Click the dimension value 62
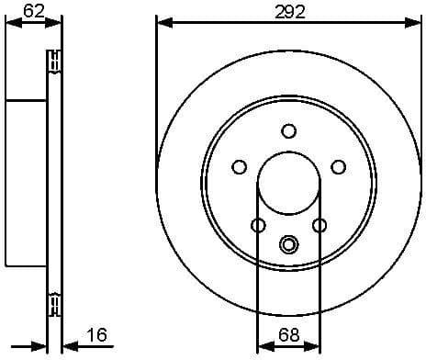point(34,12)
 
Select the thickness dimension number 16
point(96,335)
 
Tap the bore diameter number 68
point(288,335)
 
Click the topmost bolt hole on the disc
point(288,130)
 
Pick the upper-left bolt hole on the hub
point(240,166)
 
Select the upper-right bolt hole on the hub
point(338,166)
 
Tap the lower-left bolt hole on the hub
point(258,225)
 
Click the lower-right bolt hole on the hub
point(319,225)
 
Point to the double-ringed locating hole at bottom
point(288,244)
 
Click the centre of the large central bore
point(288,181)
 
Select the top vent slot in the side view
point(54,62)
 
